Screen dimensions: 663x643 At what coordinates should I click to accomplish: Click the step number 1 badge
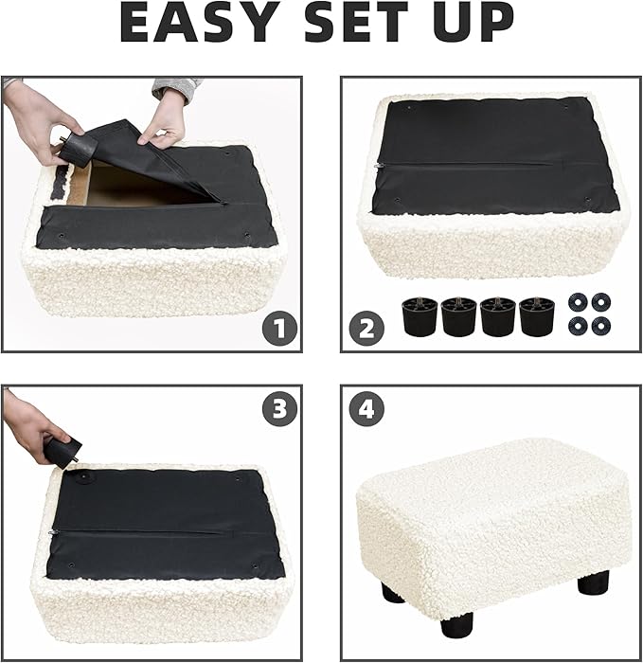point(279,330)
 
